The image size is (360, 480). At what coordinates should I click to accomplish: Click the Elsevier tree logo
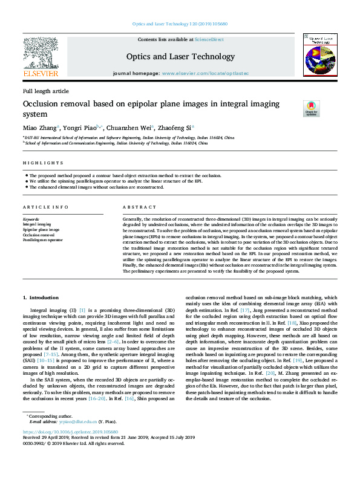pyautogui.click(x=41, y=56)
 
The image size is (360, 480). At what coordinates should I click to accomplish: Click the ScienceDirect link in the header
pyautogui.click(x=209, y=39)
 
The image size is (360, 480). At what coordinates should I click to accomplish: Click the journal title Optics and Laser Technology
pyautogui.click(x=180, y=57)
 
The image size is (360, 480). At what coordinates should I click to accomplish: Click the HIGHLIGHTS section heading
pyautogui.click(x=43, y=163)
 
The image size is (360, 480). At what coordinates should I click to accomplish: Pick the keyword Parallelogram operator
pyautogui.click(x=42, y=240)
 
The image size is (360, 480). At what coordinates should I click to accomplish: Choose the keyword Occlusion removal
pyautogui.click(x=39, y=235)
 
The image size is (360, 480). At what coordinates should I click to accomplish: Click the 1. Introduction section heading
pyautogui.click(x=41, y=298)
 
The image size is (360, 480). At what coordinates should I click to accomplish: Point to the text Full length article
pyautogui.click(x=46, y=91)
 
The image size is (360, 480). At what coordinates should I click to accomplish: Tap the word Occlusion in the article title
pyautogui.click(x=43, y=104)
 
